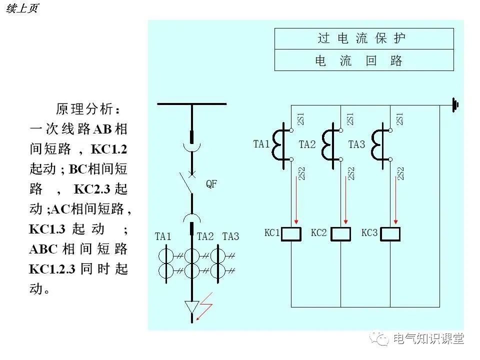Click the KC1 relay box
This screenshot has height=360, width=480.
coord(291,233)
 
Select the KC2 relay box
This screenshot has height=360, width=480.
coord(340,233)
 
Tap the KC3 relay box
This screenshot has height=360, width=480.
coord(390,233)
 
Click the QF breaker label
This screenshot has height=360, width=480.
coord(211,184)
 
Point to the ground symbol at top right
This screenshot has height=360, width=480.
coord(455,105)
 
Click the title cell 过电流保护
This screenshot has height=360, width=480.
coord(364,38)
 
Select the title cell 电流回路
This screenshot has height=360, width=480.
coord(364,60)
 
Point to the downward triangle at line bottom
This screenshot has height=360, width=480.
coord(191,306)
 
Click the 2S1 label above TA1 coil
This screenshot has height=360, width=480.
coord(300,119)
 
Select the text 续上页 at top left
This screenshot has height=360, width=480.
coord(22,8)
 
